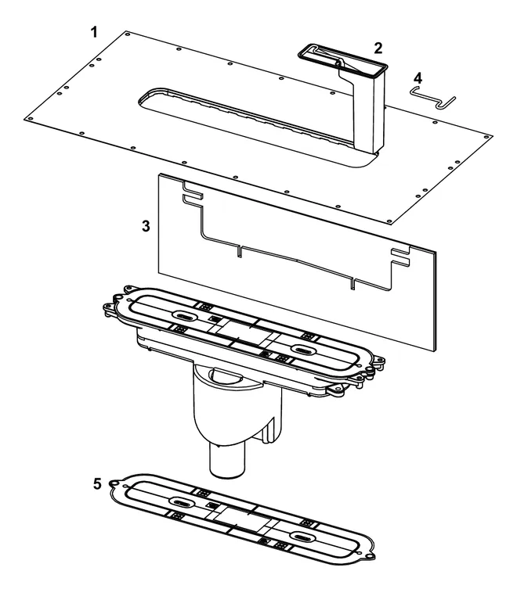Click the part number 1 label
pyautogui.click(x=94, y=32)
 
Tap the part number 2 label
pyautogui.click(x=378, y=48)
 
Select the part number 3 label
pyautogui.click(x=146, y=226)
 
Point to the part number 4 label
pyautogui.click(x=418, y=78)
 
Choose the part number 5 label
pyautogui.click(x=97, y=484)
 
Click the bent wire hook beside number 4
pyautogui.click(x=432, y=98)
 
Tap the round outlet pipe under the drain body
pyautogui.click(x=227, y=460)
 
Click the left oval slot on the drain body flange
pyautogui.click(x=183, y=316)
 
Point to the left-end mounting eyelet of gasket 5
pyautogui.click(x=113, y=483)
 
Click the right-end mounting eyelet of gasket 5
pyautogui.click(x=371, y=556)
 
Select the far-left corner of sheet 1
pyautogui.click(x=24, y=119)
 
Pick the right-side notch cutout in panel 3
pyautogui.click(x=401, y=257)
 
